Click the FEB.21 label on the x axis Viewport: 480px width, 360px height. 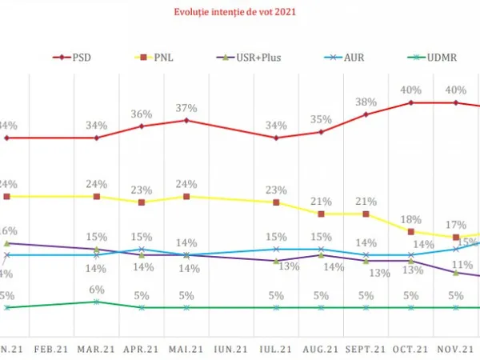pos(52,350)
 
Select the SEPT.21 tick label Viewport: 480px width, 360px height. pos(366,350)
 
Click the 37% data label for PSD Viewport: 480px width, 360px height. pos(186,108)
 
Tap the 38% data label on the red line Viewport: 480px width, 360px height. pos(366,102)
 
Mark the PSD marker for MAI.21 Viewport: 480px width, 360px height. pos(186,121)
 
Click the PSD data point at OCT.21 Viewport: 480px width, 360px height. pos(411,102)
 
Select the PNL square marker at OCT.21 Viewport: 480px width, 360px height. pos(411,232)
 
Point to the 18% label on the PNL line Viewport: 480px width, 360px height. pos(411,219)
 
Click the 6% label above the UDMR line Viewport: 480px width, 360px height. pos(97,290)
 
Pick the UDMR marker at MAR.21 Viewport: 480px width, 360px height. pos(97,302)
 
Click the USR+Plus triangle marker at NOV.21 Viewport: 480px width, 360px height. pos(456,273)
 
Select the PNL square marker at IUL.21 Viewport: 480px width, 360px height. pos(276,202)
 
